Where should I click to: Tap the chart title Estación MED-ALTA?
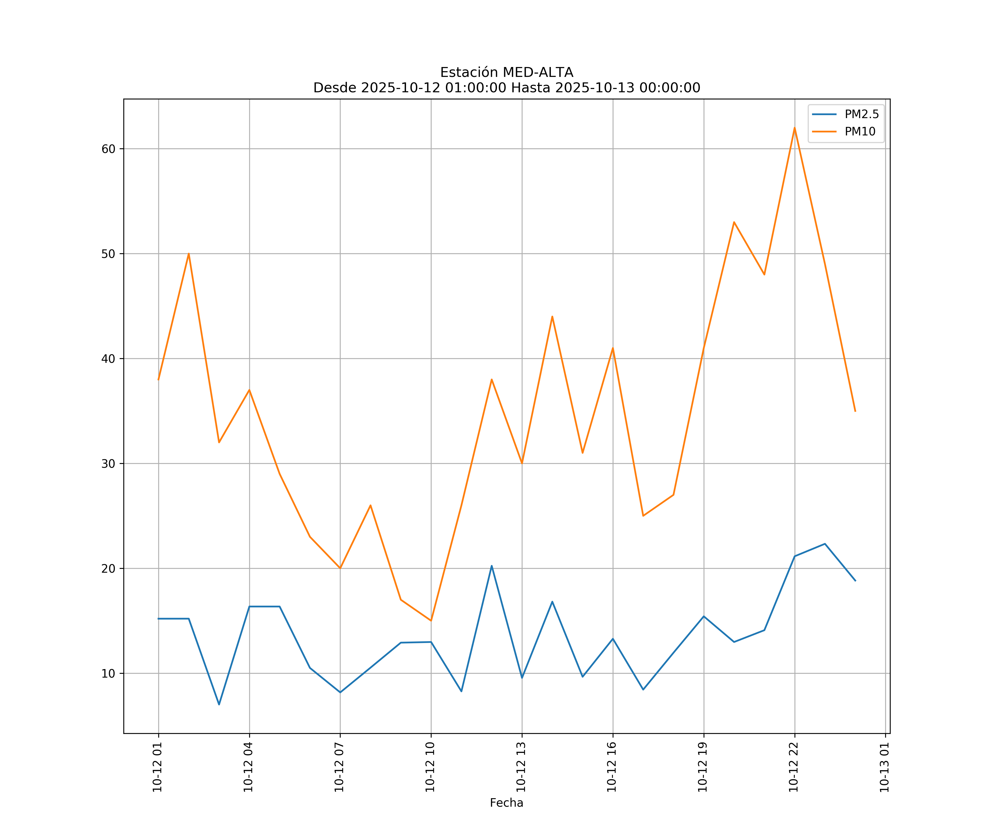pos(506,73)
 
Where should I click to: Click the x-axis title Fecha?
pos(506,803)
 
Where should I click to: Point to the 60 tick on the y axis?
pos(108,149)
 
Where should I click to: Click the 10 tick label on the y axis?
pos(108,673)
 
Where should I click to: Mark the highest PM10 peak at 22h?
pos(794,128)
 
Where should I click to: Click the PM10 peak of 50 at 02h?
pos(188,254)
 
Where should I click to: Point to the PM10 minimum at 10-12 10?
pos(431,620)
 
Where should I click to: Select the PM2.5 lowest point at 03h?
pos(219,705)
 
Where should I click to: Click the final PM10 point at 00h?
pos(855,411)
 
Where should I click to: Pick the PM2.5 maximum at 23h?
pos(825,544)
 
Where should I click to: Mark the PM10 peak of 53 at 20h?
pos(734,222)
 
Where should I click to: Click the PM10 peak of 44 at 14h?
pos(552,316)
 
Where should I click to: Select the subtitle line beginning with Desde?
pos(506,88)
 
